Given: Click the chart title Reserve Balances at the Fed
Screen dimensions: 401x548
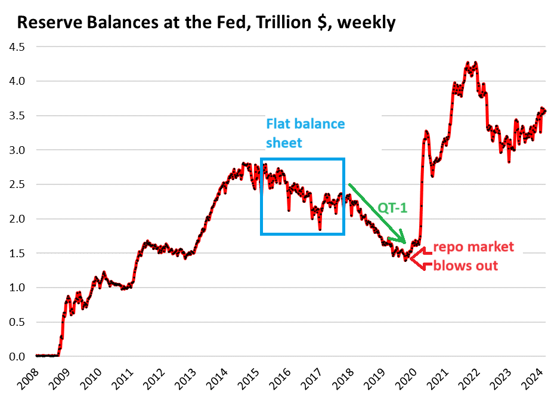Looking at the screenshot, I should (206, 23).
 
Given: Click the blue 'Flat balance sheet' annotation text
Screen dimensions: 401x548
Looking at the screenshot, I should (305, 132).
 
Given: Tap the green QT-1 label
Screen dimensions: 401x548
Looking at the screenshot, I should (392, 207).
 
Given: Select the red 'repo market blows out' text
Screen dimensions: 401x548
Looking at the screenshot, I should (473, 256).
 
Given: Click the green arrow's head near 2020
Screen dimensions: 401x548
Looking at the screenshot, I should (404, 240).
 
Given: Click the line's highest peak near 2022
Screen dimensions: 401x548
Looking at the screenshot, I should (468, 61).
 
